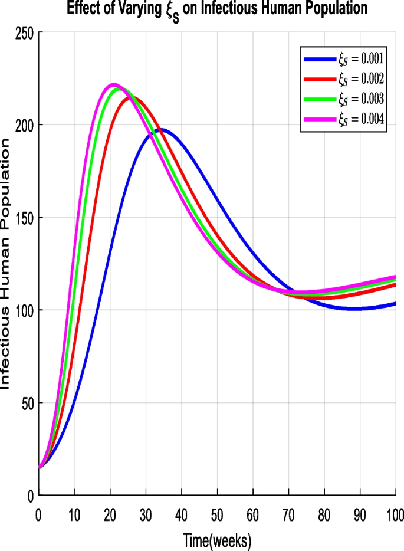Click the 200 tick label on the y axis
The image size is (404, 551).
26,124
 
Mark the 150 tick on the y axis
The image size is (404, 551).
26,217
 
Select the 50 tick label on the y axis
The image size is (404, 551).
28,402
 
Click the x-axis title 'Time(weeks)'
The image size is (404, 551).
216,539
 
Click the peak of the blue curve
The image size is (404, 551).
161,130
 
